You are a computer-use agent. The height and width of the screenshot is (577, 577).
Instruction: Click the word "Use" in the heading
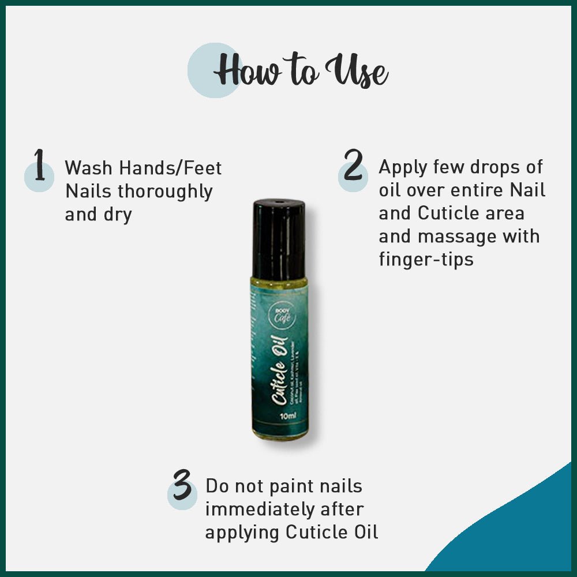coord(357,73)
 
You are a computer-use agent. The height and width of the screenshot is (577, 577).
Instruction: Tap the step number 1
coord(39,165)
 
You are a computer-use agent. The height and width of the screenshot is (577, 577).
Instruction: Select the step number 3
coord(182,486)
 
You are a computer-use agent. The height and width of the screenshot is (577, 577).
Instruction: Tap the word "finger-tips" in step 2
coord(426,259)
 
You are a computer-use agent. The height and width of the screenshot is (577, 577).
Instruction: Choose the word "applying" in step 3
coord(242,533)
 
